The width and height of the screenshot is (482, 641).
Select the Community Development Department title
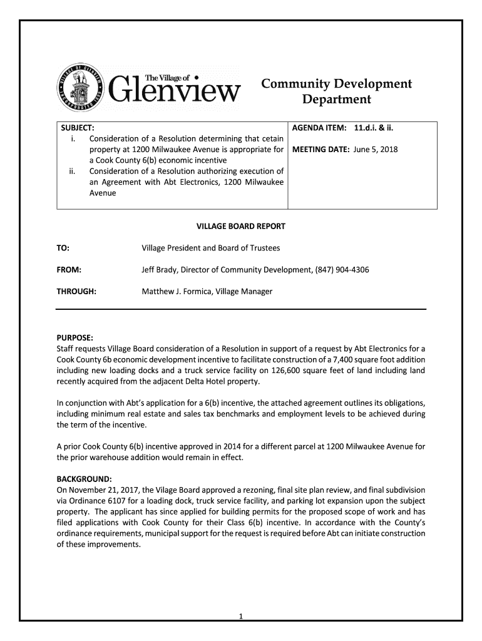[x=336, y=91]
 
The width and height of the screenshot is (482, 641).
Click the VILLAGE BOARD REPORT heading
[x=241, y=226]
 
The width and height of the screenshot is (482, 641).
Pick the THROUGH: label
[x=76, y=292]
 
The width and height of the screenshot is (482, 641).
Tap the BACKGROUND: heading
[x=84, y=479]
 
